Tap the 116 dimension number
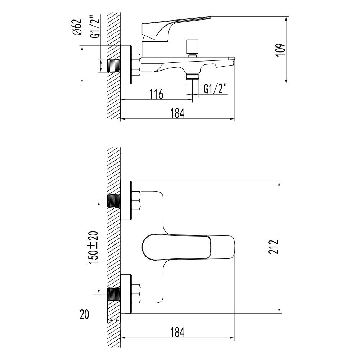coord(156,94)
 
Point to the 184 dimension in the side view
coord(177,113)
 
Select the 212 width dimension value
coord(274,247)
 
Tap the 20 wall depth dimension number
coord(84,314)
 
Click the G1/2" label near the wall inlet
coord(94,27)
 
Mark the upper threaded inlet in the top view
coord(114,201)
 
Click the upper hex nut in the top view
coord(136,201)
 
